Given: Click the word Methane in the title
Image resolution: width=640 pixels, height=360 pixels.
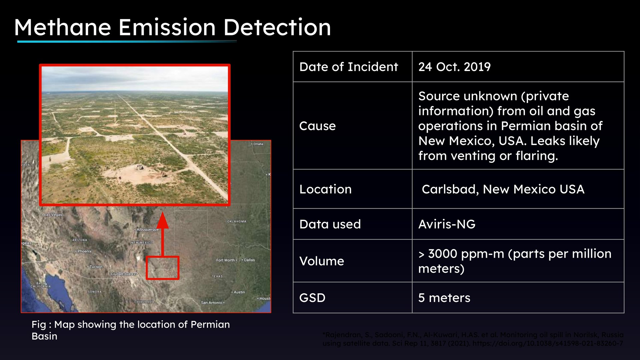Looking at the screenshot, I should [x=62, y=27].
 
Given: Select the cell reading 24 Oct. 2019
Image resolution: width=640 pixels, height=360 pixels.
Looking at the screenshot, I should [x=454, y=67].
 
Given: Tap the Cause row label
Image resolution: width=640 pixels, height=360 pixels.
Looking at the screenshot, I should [x=317, y=126].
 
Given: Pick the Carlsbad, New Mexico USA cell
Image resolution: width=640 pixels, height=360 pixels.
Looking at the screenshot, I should [x=503, y=189].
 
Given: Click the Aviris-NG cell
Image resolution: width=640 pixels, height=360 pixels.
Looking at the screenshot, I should [x=447, y=224].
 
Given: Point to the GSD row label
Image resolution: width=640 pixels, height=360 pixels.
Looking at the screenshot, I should [x=312, y=298].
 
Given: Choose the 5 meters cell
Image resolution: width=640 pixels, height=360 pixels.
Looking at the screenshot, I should [x=444, y=298].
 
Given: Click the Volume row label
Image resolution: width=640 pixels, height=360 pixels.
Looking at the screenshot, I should [x=321, y=261].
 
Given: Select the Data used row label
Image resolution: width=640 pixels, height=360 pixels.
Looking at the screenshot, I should [x=330, y=224].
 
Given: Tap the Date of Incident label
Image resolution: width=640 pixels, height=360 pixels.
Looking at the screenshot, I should [x=348, y=67].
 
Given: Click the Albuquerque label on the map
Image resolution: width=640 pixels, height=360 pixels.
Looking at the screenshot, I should [x=148, y=229].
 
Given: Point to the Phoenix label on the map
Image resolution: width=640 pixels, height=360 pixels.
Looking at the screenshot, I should [x=84, y=251].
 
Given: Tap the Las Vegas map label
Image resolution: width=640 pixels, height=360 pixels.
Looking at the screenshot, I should [x=53, y=215].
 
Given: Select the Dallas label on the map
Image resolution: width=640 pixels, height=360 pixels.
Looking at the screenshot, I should [x=249, y=260].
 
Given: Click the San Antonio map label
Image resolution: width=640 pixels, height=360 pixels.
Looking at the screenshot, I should [x=211, y=303].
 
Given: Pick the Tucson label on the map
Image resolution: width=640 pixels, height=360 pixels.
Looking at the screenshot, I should [x=96, y=267].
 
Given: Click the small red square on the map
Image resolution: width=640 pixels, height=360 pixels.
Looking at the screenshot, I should [x=162, y=268].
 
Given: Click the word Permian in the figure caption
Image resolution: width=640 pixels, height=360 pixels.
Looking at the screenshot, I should [x=210, y=324].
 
